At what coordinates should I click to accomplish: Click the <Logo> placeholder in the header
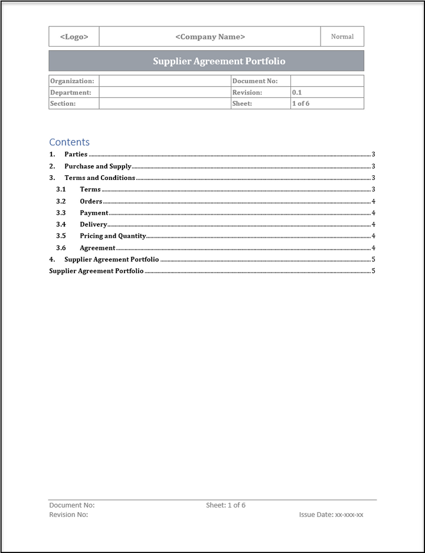(x=74, y=37)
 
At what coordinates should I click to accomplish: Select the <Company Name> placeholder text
(x=210, y=37)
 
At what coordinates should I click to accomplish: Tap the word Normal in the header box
(x=342, y=37)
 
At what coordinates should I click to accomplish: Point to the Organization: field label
(x=72, y=81)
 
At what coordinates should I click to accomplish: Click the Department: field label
(x=71, y=93)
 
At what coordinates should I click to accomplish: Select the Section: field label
(x=63, y=103)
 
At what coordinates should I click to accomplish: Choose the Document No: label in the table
(x=255, y=81)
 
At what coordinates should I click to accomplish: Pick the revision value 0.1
(x=297, y=93)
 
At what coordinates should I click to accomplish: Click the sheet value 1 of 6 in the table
(x=300, y=103)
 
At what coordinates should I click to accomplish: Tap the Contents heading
(x=69, y=142)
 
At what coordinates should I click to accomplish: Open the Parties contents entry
(x=76, y=155)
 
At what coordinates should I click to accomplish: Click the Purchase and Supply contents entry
(x=97, y=166)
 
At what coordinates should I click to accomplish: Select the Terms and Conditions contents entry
(x=100, y=178)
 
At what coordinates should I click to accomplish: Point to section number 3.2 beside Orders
(x=61, y=201)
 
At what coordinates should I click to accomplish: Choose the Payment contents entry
(x=94, y=212)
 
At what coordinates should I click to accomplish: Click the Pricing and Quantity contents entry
(x=113, y=236)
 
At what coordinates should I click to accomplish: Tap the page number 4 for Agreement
(x=374, y=248)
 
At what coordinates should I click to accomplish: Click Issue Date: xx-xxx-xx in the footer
(x=331, y=515)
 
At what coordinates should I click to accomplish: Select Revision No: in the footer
(x=68, y=515)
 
